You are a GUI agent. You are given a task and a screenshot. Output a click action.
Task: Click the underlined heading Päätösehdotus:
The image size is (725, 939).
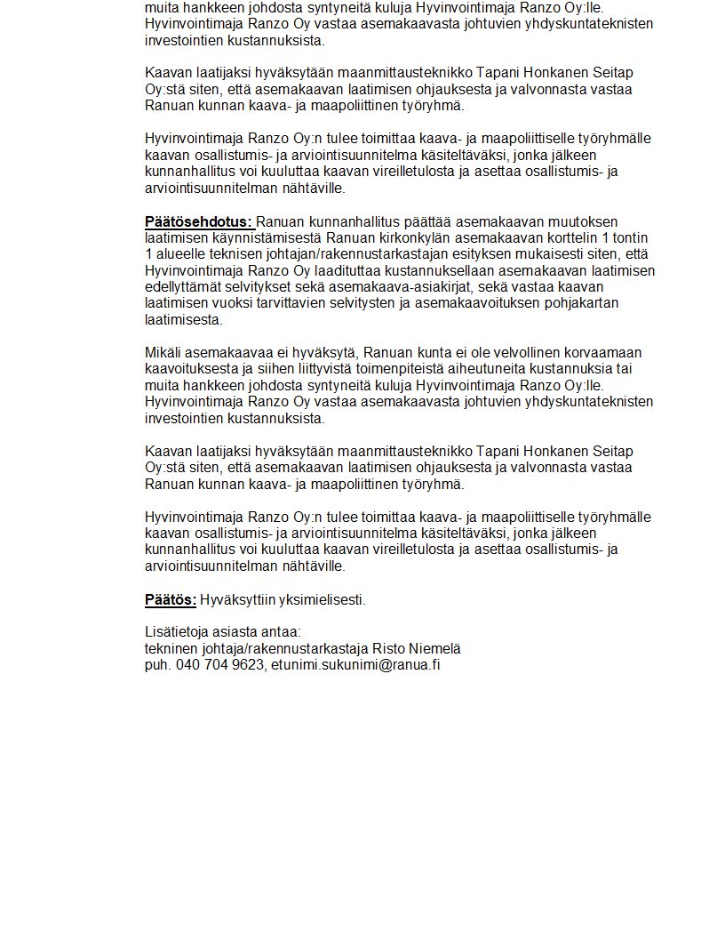click(x=199, y=221)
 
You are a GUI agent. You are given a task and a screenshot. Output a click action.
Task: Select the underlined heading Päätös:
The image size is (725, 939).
click(x=171, y=599)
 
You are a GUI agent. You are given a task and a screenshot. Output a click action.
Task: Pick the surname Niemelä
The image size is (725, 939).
click(x=434, y=648)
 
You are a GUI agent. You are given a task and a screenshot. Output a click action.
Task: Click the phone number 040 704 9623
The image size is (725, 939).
click(x=219, y=664)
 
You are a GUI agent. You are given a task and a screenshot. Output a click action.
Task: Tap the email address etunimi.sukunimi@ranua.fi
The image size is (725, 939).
click(x=355, y=664)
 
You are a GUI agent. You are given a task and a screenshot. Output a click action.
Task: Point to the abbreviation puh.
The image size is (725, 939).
click(x=157, y=664)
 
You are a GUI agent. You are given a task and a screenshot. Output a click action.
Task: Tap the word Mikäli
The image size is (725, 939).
click(x=163, y=353)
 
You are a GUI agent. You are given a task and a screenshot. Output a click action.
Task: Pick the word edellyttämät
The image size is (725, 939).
click(x=182, y=287)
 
